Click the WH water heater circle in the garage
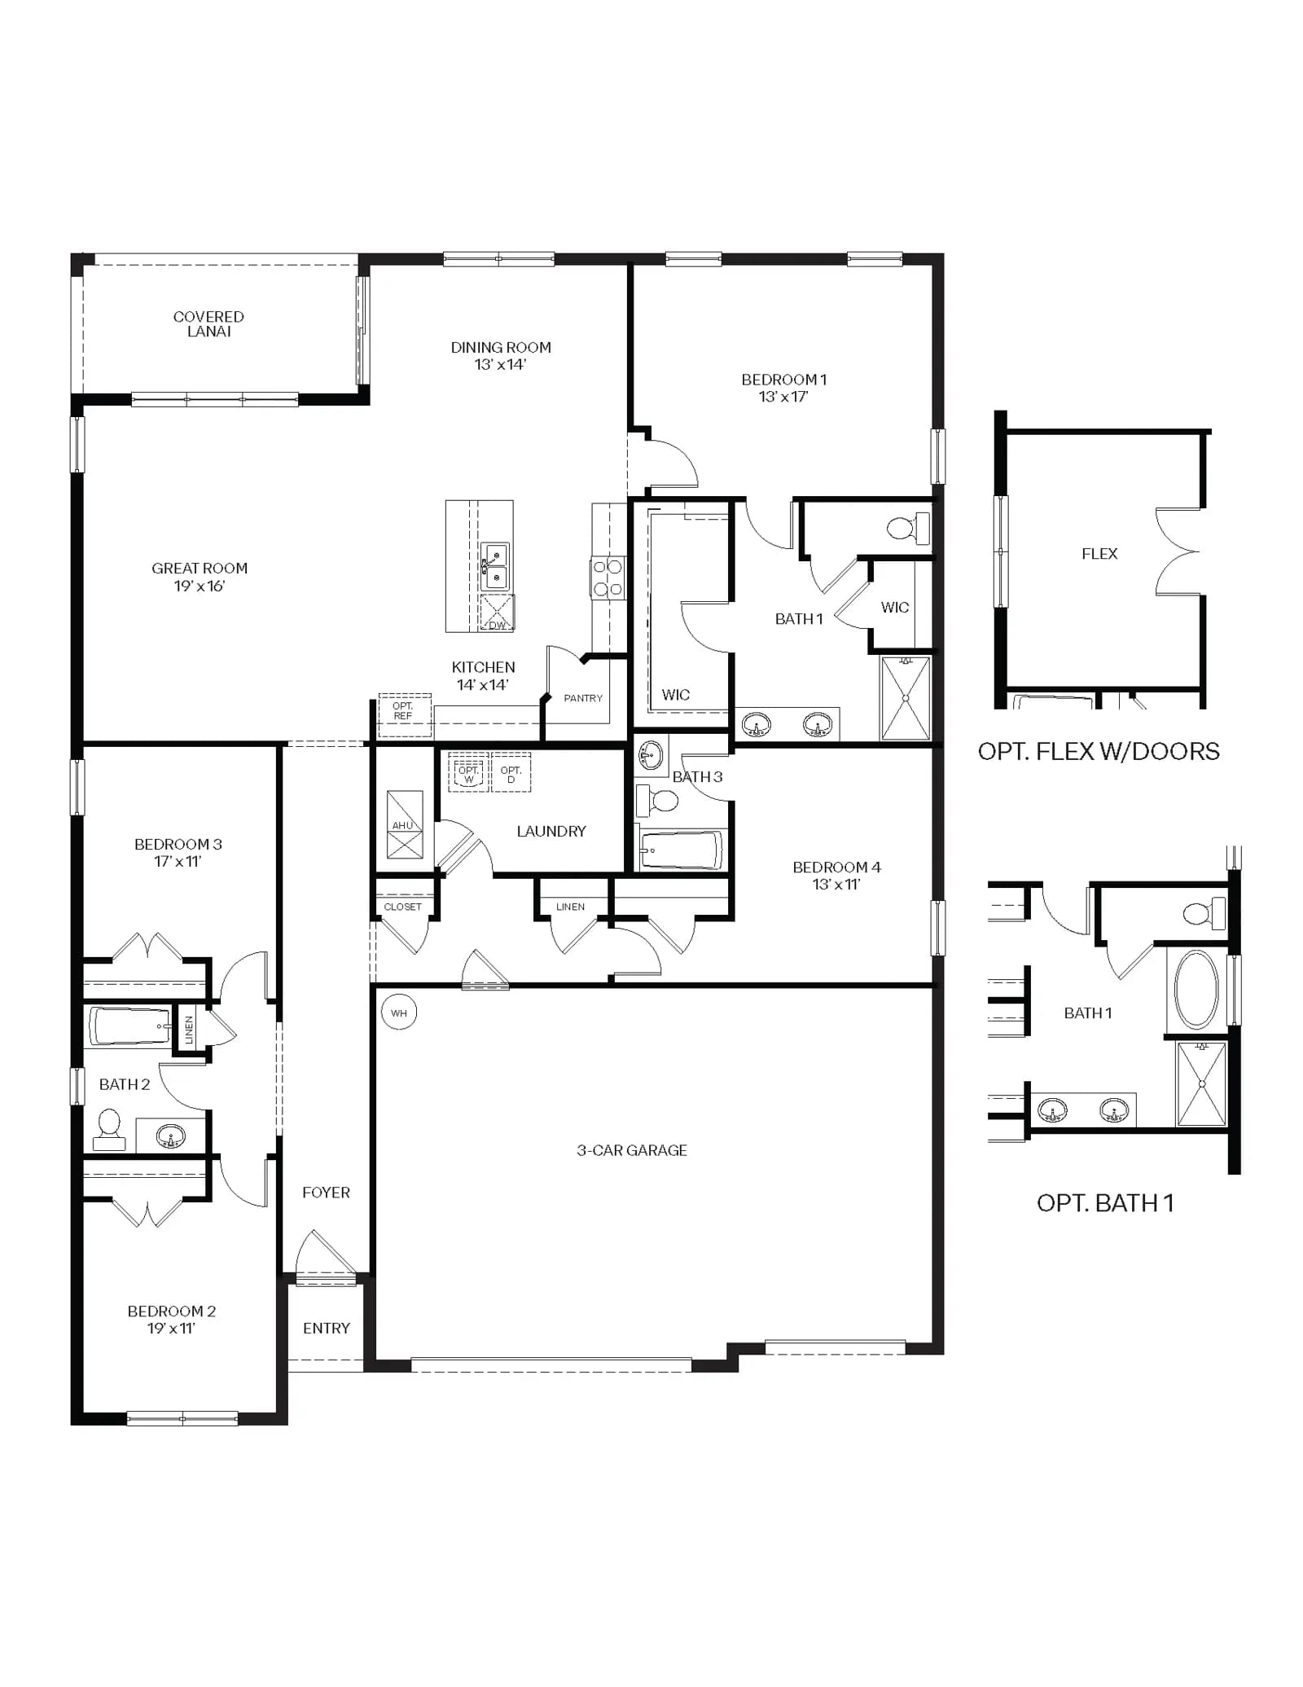398,1013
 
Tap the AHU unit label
402,825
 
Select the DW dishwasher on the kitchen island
497,613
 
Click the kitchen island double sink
495,566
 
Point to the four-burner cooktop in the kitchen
608,578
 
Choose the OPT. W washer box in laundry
468,772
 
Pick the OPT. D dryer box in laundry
511,772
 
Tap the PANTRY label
583,698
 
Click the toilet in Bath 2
109,1130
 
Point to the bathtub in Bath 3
682,850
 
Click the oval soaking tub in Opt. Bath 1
1196,989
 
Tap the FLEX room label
1099,554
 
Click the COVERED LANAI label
208,324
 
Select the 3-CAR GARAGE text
632,1150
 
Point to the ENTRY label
327,1328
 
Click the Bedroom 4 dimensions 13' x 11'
836,885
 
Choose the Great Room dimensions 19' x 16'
200,586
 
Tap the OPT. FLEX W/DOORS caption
1099,751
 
